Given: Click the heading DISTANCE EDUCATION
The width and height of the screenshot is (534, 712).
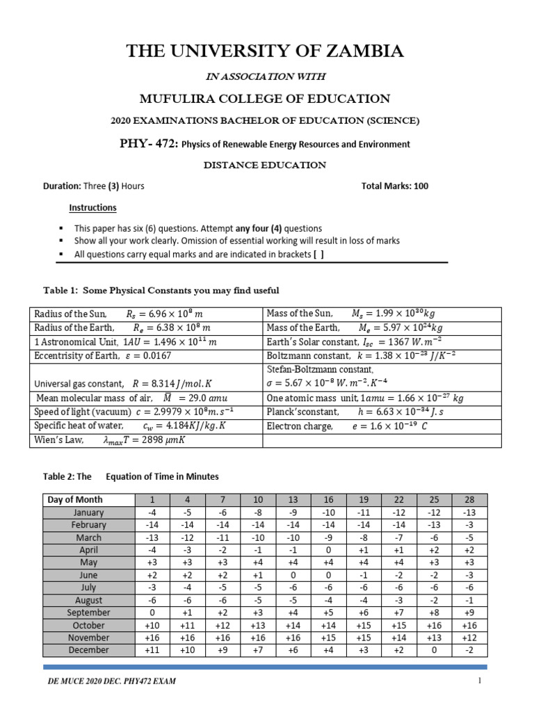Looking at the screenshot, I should click(x=264, y=165).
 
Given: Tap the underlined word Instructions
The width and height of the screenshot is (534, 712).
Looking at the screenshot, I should click(x=92, y=208).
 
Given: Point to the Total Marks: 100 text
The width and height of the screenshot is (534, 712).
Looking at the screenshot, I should click(x=395, y=186).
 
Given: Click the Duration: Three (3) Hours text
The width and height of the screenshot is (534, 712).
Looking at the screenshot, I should click(x=94, y=186).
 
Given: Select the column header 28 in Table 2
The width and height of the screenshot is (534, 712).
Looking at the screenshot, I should click(x=469, y=500).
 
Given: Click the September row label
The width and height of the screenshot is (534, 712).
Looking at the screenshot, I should click(x=88, y=613).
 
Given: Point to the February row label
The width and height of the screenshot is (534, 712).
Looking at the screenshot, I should click(x=88, y=525).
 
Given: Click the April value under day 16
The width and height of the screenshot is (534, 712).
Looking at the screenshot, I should click(x=329, y=550).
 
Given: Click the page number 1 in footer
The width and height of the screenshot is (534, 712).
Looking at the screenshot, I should click(x=479, y=681).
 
